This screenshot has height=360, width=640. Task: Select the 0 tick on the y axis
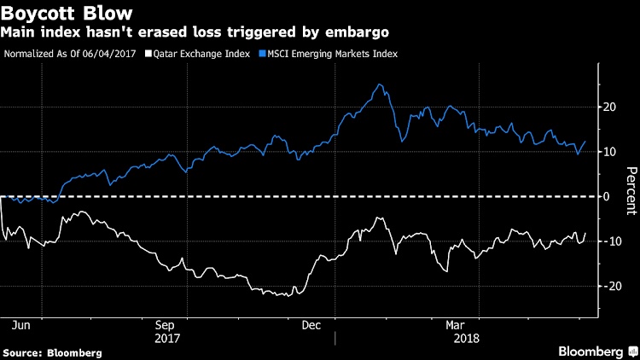pos(608,196)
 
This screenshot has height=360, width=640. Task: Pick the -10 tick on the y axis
pos(610,241)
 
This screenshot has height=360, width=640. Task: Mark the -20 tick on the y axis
pos(610,287)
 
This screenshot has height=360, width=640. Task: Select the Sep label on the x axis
pos(166,325)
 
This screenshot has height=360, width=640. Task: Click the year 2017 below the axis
pos(166,338)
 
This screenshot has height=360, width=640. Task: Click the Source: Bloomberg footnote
pos(53,352)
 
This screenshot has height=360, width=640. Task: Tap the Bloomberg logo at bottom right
pos(594,351)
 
